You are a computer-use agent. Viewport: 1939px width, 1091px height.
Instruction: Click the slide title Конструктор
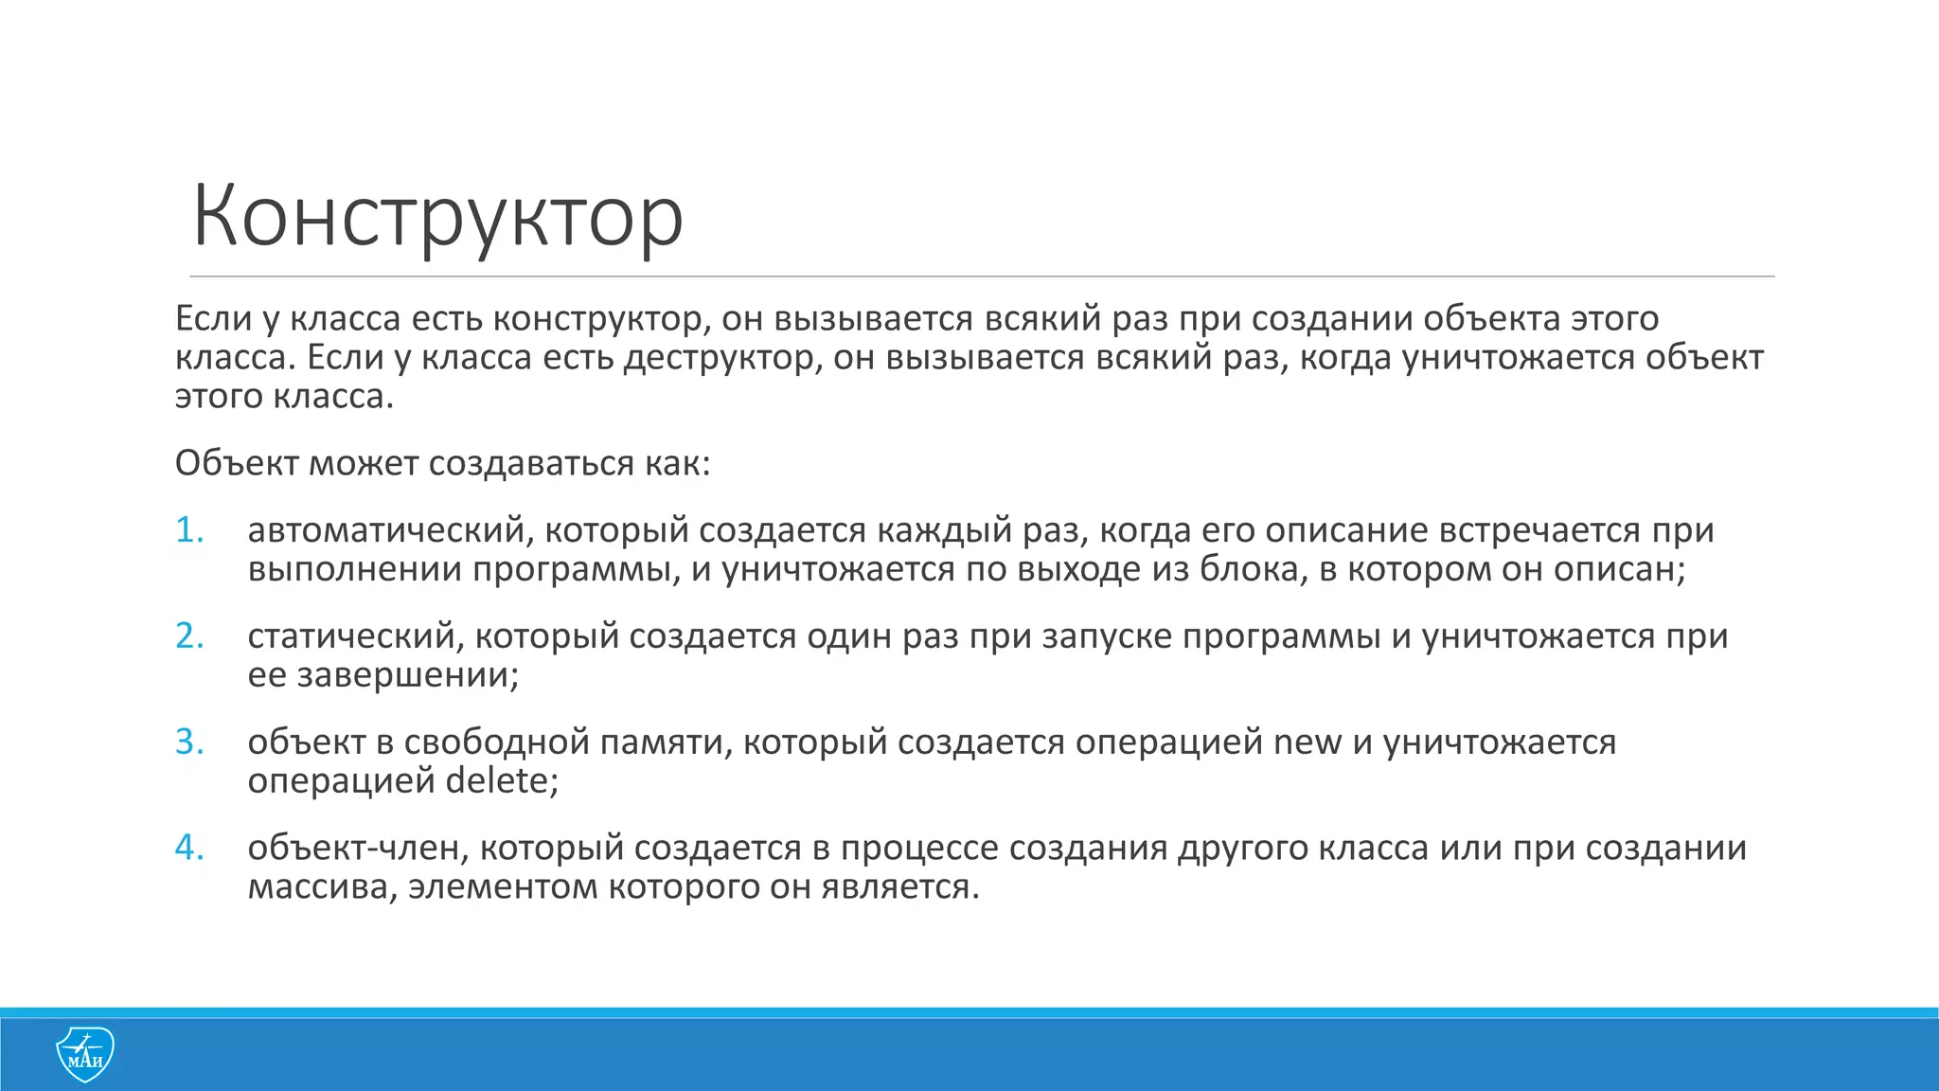pyautogui.click(x=437, y=218)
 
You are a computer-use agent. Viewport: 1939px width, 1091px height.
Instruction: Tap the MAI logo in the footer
pyautogui.click(x=85, y=1054)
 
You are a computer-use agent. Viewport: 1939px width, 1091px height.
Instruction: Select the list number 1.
pyautogui.click(x=189, y=530)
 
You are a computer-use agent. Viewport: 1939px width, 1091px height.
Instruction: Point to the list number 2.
pyautogui.click(x=189, y=636)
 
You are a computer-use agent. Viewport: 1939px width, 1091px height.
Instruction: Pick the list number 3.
pyautogui.click(x=189, y=742)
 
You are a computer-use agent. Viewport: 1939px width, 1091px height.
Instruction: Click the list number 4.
pyautogui.click(x=189, y=848)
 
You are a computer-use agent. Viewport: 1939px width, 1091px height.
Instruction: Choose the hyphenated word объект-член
pyautogui.click(x=358, y=848)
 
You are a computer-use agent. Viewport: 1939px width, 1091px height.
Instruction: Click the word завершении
pyautogui.click(x=407, y=676)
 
